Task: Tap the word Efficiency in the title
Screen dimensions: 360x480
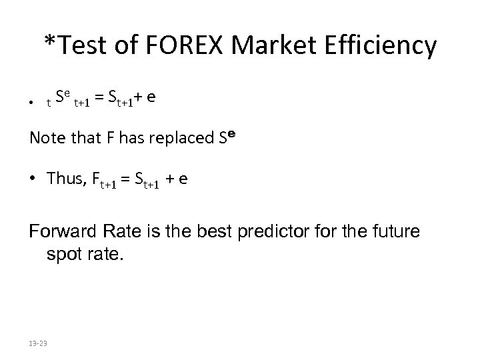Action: click(378, 47)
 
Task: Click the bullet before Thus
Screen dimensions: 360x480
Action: click(35, 179)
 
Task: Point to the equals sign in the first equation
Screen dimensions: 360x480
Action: click(98, 99)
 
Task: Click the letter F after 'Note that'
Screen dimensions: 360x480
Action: click(109, 139)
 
